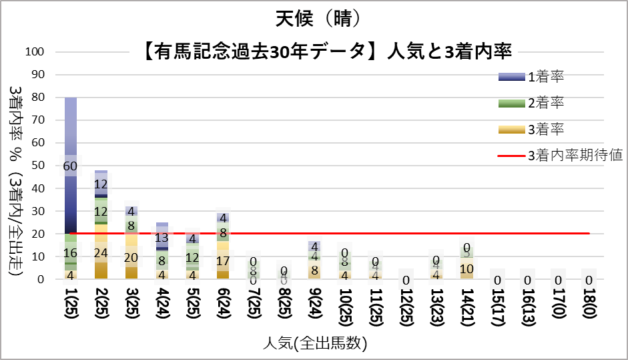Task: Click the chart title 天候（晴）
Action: (x=313, y=16)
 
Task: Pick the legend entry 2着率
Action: (x=546, y=104)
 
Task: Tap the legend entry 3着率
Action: (x=546, y=130)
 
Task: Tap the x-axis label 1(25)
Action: (x=71, y=307)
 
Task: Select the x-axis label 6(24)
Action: (x=223, y=307)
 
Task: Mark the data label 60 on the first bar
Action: (x=71, y=166)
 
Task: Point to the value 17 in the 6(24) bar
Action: (x=223, y=261)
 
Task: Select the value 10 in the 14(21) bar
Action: (x=466, y=268)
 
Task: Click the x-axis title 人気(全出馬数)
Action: (x=313, y=343)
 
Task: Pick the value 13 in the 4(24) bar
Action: (x=162, y=238)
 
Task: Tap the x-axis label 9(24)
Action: (x=314, y=307)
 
